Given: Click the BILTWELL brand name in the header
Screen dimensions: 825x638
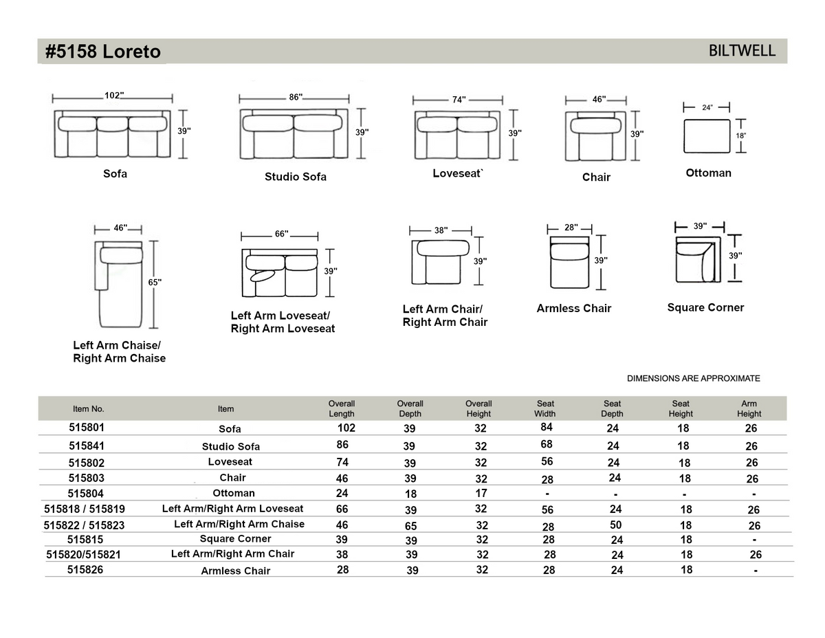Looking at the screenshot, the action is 742,51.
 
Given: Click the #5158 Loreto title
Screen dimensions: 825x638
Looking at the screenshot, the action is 103,52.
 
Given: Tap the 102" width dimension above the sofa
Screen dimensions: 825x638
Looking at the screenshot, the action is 114,96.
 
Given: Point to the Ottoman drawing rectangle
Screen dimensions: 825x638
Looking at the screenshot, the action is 707,136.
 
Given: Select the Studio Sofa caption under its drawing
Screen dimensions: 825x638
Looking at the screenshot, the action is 296,177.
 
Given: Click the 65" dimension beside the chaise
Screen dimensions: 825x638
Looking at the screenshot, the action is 155,282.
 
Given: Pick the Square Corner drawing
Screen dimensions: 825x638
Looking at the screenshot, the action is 697,260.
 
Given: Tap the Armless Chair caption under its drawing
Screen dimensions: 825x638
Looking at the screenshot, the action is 573,309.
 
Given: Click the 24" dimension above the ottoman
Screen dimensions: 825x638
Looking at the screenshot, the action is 707,108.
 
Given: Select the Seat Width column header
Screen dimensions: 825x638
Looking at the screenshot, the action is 545,408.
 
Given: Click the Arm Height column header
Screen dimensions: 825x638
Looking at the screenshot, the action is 749,408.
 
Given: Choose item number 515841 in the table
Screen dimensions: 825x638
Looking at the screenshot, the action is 87,445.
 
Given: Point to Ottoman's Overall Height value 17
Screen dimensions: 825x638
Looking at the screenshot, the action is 481,493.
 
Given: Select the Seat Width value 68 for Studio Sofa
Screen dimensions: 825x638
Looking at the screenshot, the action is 547,445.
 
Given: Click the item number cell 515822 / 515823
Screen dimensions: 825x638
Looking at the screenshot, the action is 84,525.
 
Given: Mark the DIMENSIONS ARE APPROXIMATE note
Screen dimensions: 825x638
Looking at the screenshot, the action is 693,379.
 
